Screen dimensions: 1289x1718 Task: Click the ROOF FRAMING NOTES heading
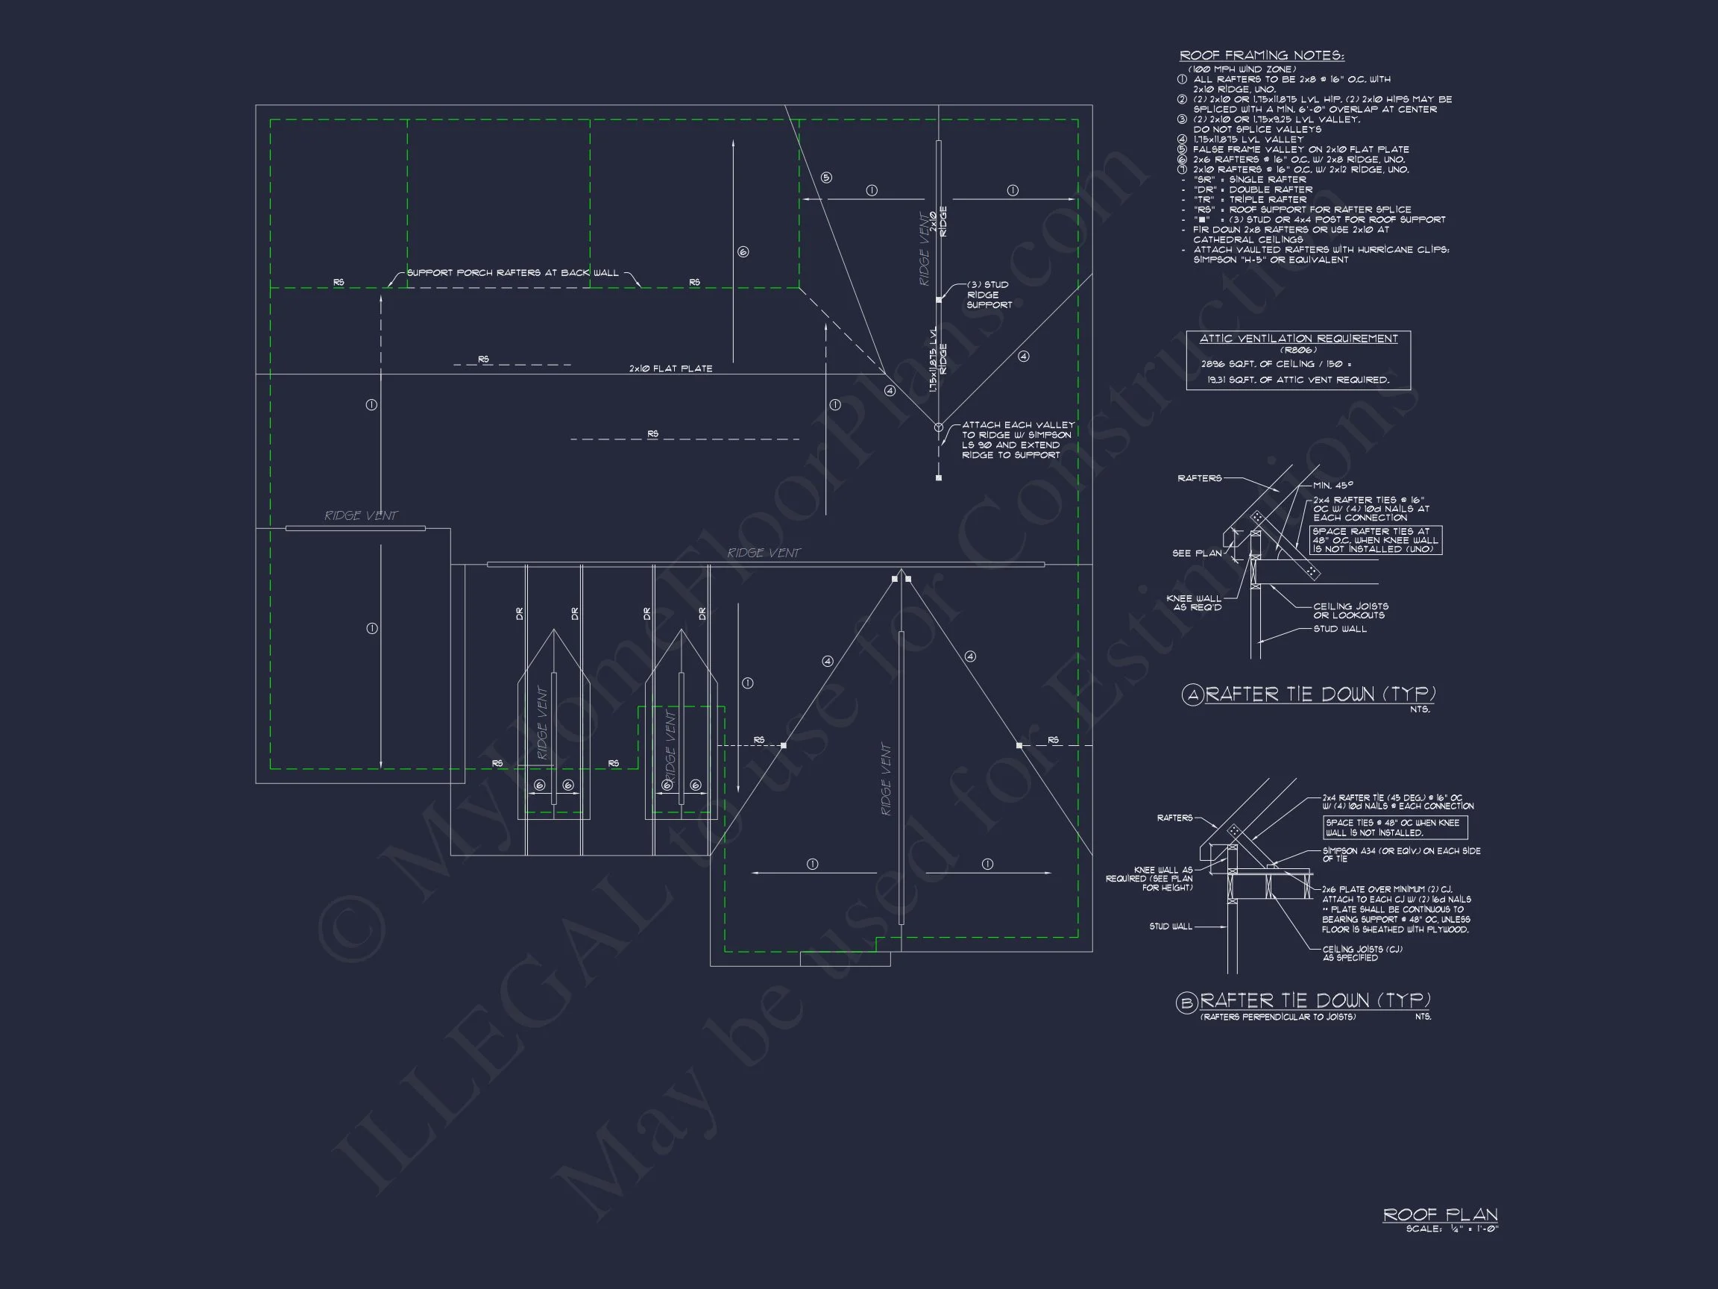click(1262, 55)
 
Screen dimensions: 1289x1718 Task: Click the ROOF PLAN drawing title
click(1440, 1214)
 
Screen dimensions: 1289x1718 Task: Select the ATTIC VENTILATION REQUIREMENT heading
click(1297, 339)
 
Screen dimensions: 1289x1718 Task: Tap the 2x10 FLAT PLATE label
click(670, 368)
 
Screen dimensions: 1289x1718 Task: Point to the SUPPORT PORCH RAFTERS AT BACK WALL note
click(512, 273)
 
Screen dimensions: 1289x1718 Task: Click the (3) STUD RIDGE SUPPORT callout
click(989, 295)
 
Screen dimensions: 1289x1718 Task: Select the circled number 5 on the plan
click(826, 178)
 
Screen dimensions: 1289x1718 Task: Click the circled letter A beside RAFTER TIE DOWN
click(1192, 694)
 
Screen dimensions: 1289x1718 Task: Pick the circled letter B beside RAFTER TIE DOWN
click(1187, 1003)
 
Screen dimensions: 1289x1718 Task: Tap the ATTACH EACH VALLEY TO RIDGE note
click(1017, 440)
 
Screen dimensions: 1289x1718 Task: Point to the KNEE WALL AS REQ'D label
click(1194, 602)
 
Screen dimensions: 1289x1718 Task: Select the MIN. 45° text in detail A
click(1333, 486)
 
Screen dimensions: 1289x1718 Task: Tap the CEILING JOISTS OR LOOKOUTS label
click(1350, 611)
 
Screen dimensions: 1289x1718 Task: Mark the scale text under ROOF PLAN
click(1452, 1229)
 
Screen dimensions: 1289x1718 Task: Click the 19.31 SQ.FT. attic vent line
click(1297, 380)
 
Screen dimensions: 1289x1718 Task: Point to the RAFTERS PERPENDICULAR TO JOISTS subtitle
click(1277, 1017)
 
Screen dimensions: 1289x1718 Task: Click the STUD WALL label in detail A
click(1340, 629)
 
